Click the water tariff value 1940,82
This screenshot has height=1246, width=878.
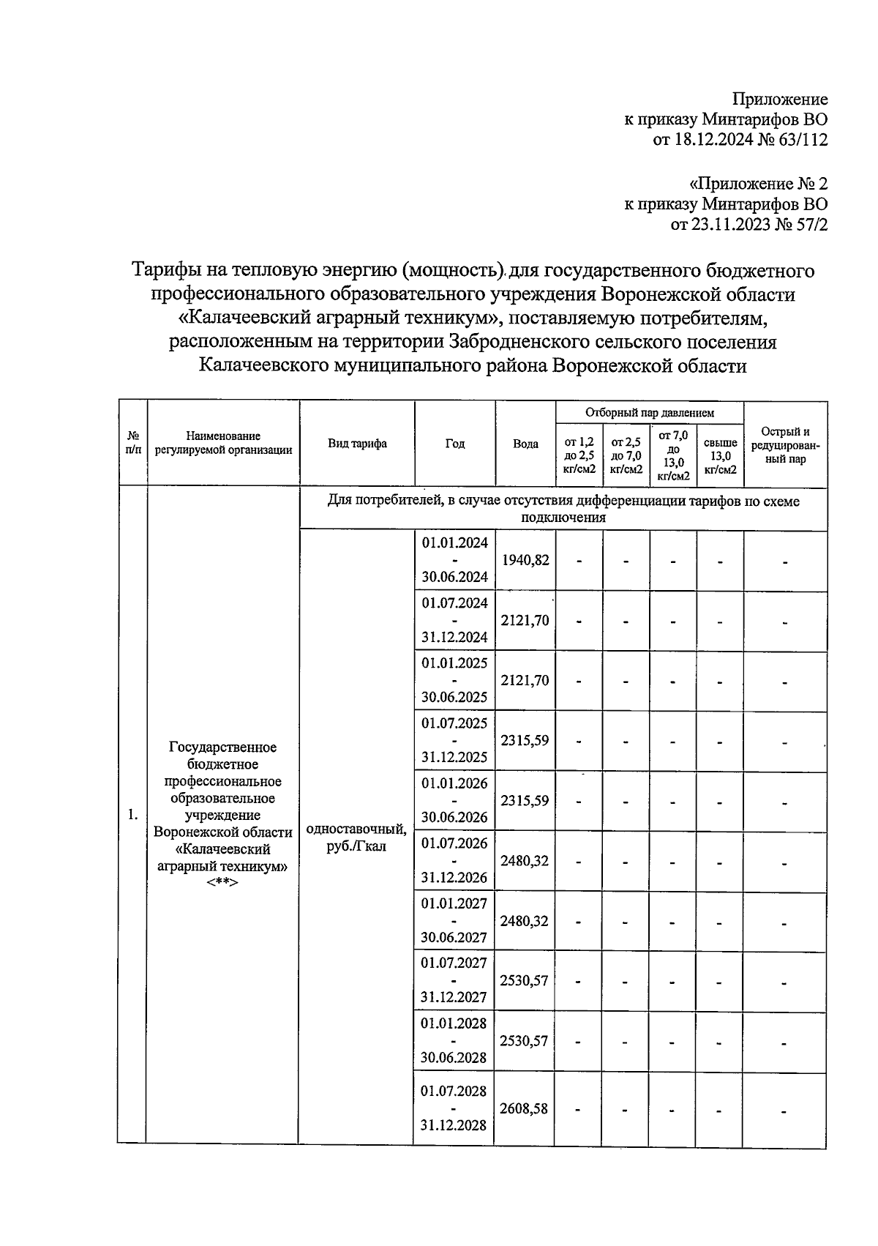(525, 560)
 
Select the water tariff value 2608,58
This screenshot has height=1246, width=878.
(524, 1108)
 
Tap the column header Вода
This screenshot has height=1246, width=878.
(525, 444)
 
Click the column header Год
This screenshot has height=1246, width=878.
(455, 444)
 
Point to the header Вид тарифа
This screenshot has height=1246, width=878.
(357, 444)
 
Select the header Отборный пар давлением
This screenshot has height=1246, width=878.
(649, 413)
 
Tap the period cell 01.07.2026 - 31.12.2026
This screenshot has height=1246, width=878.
(454, 860)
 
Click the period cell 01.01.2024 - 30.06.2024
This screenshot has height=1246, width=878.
(454, 560)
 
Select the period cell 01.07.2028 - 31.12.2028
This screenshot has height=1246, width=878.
(454, 1108)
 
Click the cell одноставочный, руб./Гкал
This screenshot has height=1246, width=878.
(356, 837)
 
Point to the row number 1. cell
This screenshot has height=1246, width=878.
(132, 814)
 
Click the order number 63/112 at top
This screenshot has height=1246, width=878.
(804, 140)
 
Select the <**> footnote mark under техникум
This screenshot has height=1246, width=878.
(222, 882)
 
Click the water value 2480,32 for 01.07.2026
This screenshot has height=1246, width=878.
(525, 860)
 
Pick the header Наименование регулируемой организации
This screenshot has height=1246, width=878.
(223, 444)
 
